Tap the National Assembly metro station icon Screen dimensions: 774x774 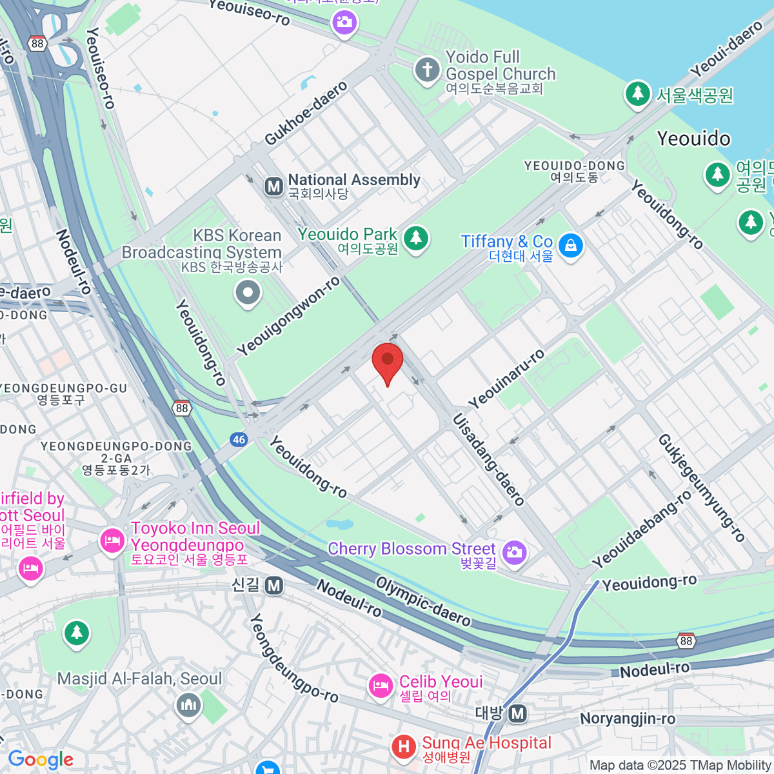[274, 186]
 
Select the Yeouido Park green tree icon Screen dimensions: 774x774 [416, 238]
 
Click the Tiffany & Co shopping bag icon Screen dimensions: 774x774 [570, 246]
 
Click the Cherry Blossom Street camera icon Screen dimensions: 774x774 [514, 552]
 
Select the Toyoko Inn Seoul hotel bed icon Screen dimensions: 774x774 [112, 540]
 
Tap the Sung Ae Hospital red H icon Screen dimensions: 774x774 [404, 747]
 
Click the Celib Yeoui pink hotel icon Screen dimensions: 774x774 [381, 686]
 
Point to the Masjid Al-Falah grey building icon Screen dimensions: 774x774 [188, 705]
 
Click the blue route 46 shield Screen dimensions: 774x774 [239, 440]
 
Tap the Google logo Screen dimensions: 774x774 [41, 760]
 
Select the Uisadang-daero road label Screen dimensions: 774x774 [488, 459]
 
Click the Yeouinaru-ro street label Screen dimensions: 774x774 [506, 379]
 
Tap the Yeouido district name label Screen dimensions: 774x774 [693, 139]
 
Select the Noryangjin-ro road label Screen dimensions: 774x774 [627, 719]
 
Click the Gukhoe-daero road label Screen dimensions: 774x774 [306, 114]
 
